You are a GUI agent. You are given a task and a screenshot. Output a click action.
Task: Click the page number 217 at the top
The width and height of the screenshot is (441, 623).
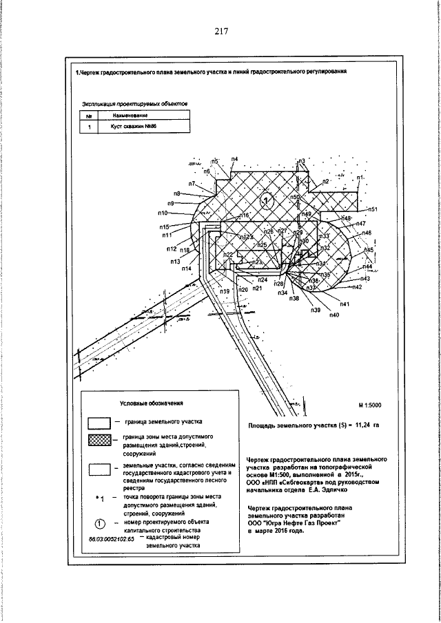pos(220,32)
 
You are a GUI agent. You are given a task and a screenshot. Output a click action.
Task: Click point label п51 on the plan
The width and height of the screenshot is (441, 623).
pos(373,209)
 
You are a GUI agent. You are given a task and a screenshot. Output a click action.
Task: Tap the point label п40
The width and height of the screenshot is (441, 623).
pos(334,315)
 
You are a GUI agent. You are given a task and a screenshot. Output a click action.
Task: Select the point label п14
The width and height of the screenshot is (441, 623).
pos(186,268)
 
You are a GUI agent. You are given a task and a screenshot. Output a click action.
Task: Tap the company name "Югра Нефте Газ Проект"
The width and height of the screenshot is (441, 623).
pos(308,523)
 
